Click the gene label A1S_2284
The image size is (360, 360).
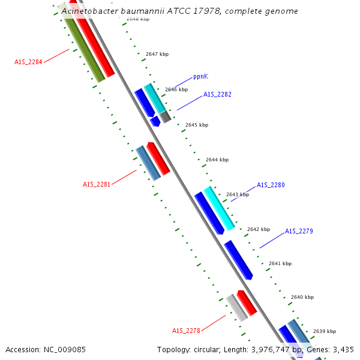[28, 61]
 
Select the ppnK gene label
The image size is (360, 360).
[200, 77]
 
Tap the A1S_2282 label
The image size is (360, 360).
[217, 94]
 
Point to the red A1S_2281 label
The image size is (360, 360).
[97, 184]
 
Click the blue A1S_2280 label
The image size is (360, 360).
[271, 185]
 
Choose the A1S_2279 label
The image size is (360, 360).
[299, 231]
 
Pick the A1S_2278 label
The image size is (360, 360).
[186, 331]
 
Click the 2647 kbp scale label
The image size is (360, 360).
[157, 54]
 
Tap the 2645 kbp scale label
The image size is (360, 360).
[197, 125]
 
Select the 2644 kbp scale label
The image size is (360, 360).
[217, 160]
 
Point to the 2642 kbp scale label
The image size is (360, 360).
[259, 229]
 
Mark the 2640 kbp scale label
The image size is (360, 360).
[302, 297]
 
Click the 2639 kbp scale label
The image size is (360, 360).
[325, 331]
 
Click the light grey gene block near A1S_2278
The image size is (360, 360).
[237, 308]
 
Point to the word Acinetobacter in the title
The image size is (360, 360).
[91, 11]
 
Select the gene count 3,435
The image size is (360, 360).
[343, 349]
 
